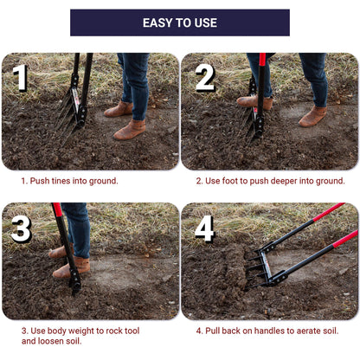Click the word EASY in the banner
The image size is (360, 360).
click(x=156, y=22)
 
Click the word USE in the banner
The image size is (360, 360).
click(x=206, y=22)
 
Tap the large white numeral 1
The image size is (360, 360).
click(x=20, y=78)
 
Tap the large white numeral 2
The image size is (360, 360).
click(x=205, y=78)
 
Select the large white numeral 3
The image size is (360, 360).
click(x=21, y=228)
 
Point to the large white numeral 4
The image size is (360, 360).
click(x=204, y=228)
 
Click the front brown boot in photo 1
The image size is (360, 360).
click(x=130, y=130)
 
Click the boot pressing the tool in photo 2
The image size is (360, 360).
click(x=254, y=102)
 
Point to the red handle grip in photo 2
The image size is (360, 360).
click(x=262, y=60)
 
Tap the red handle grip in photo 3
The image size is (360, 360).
click(x=57, y=209)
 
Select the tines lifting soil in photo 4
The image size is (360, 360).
click(x=254, y=270)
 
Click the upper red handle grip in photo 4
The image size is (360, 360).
click(x=329, y=212)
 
